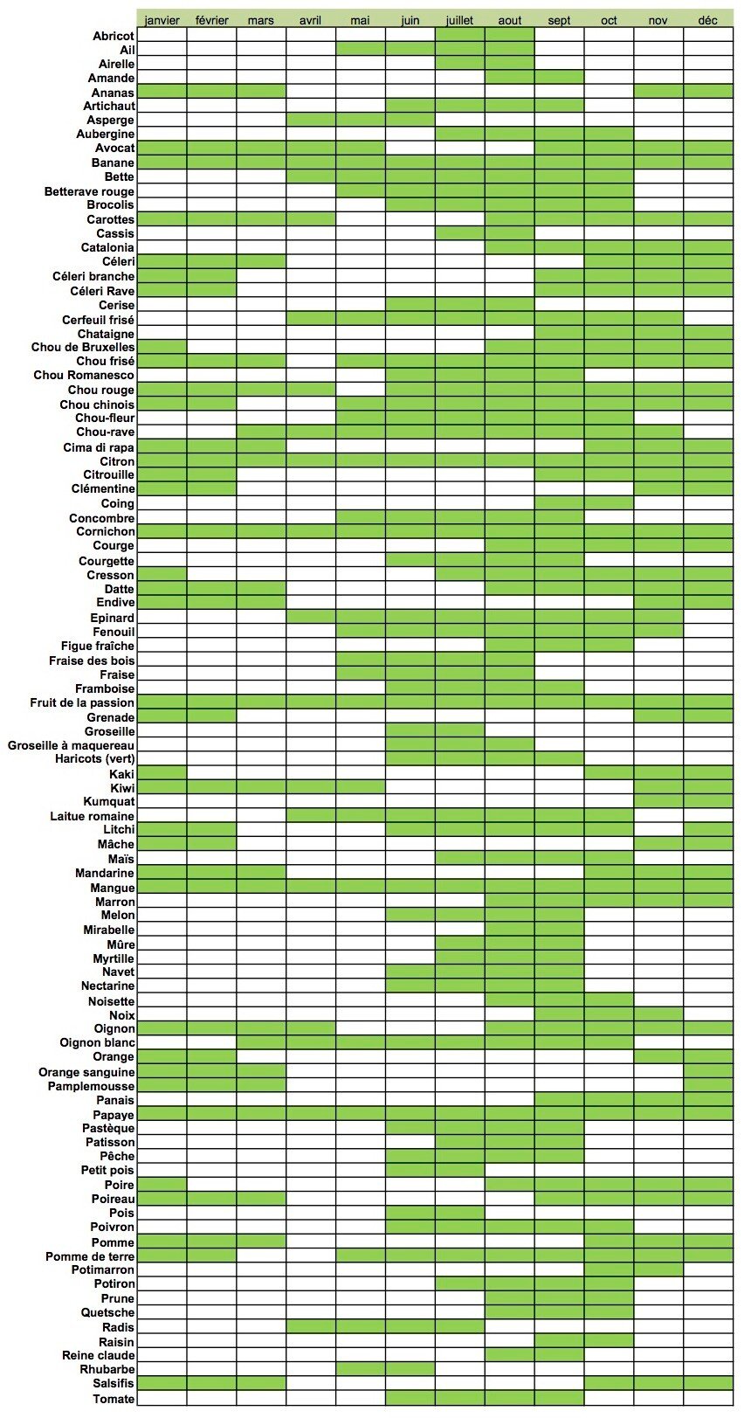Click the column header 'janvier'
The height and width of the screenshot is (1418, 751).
162,20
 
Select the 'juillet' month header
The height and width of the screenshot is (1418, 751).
459,20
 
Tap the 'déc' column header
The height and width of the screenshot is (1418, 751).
708,20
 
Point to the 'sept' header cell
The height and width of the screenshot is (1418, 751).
559,20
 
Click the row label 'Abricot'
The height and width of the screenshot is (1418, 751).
114,36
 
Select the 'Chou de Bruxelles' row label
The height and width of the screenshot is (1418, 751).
83,347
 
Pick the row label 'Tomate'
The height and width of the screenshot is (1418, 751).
114,1399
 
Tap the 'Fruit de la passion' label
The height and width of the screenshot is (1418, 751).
82,702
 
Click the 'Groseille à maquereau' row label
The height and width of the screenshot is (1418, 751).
72,745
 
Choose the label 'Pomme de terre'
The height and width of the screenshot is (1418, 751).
90,1256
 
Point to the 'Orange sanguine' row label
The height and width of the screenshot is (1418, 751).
86,1072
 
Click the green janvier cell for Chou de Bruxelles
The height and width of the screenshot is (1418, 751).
162,347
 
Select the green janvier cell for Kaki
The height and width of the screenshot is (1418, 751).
162,773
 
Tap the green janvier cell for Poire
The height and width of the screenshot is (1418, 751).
162,1185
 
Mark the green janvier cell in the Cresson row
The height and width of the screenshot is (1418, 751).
162,575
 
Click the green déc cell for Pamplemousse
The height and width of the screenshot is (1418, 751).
708,1086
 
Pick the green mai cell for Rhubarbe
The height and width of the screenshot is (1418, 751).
360,1369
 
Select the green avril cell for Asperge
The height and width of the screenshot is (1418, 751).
310,120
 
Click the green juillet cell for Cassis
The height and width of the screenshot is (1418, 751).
459,233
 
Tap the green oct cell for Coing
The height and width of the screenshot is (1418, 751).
609,503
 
